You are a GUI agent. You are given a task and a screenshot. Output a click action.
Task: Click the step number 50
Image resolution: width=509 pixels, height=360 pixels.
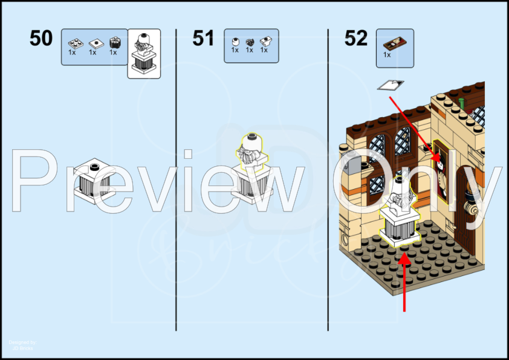(41, 39)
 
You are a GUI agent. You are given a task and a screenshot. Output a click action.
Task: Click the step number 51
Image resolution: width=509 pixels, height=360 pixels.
(204, 39)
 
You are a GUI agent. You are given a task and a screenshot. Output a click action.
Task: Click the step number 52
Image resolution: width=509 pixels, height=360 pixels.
(356, 39)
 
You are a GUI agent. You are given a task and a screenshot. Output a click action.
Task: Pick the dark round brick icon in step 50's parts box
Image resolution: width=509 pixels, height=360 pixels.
(113, 43)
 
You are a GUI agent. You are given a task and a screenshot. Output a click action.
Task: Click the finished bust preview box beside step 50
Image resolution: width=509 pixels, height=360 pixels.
(144, 54)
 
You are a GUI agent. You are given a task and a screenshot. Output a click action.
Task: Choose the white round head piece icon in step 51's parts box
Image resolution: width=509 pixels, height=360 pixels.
(235, 42)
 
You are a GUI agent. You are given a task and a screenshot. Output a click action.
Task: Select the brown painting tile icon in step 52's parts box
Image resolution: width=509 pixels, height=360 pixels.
(395, 42)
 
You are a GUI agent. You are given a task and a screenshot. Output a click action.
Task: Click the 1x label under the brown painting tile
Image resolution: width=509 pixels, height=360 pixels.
(387, 55)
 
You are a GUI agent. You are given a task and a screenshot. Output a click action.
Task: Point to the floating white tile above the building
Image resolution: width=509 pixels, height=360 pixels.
(389, 86)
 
